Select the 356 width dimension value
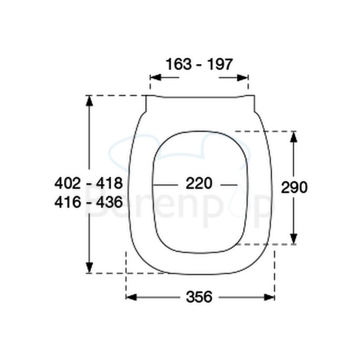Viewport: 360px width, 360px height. tap(199, 297)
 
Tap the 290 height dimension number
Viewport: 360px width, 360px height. tap(294, 187)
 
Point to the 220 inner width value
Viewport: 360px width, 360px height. tap(199, 183)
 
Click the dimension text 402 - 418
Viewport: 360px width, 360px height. tap(88, 183)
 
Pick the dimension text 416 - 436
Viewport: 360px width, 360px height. tap(88, 201)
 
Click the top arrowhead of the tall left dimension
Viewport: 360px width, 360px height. tap(90, 100)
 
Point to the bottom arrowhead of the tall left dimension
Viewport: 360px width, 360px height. tap(90, 268)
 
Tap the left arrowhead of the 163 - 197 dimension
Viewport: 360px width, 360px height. tap(155, 78)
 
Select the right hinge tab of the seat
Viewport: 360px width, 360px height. tap(252, 104)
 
